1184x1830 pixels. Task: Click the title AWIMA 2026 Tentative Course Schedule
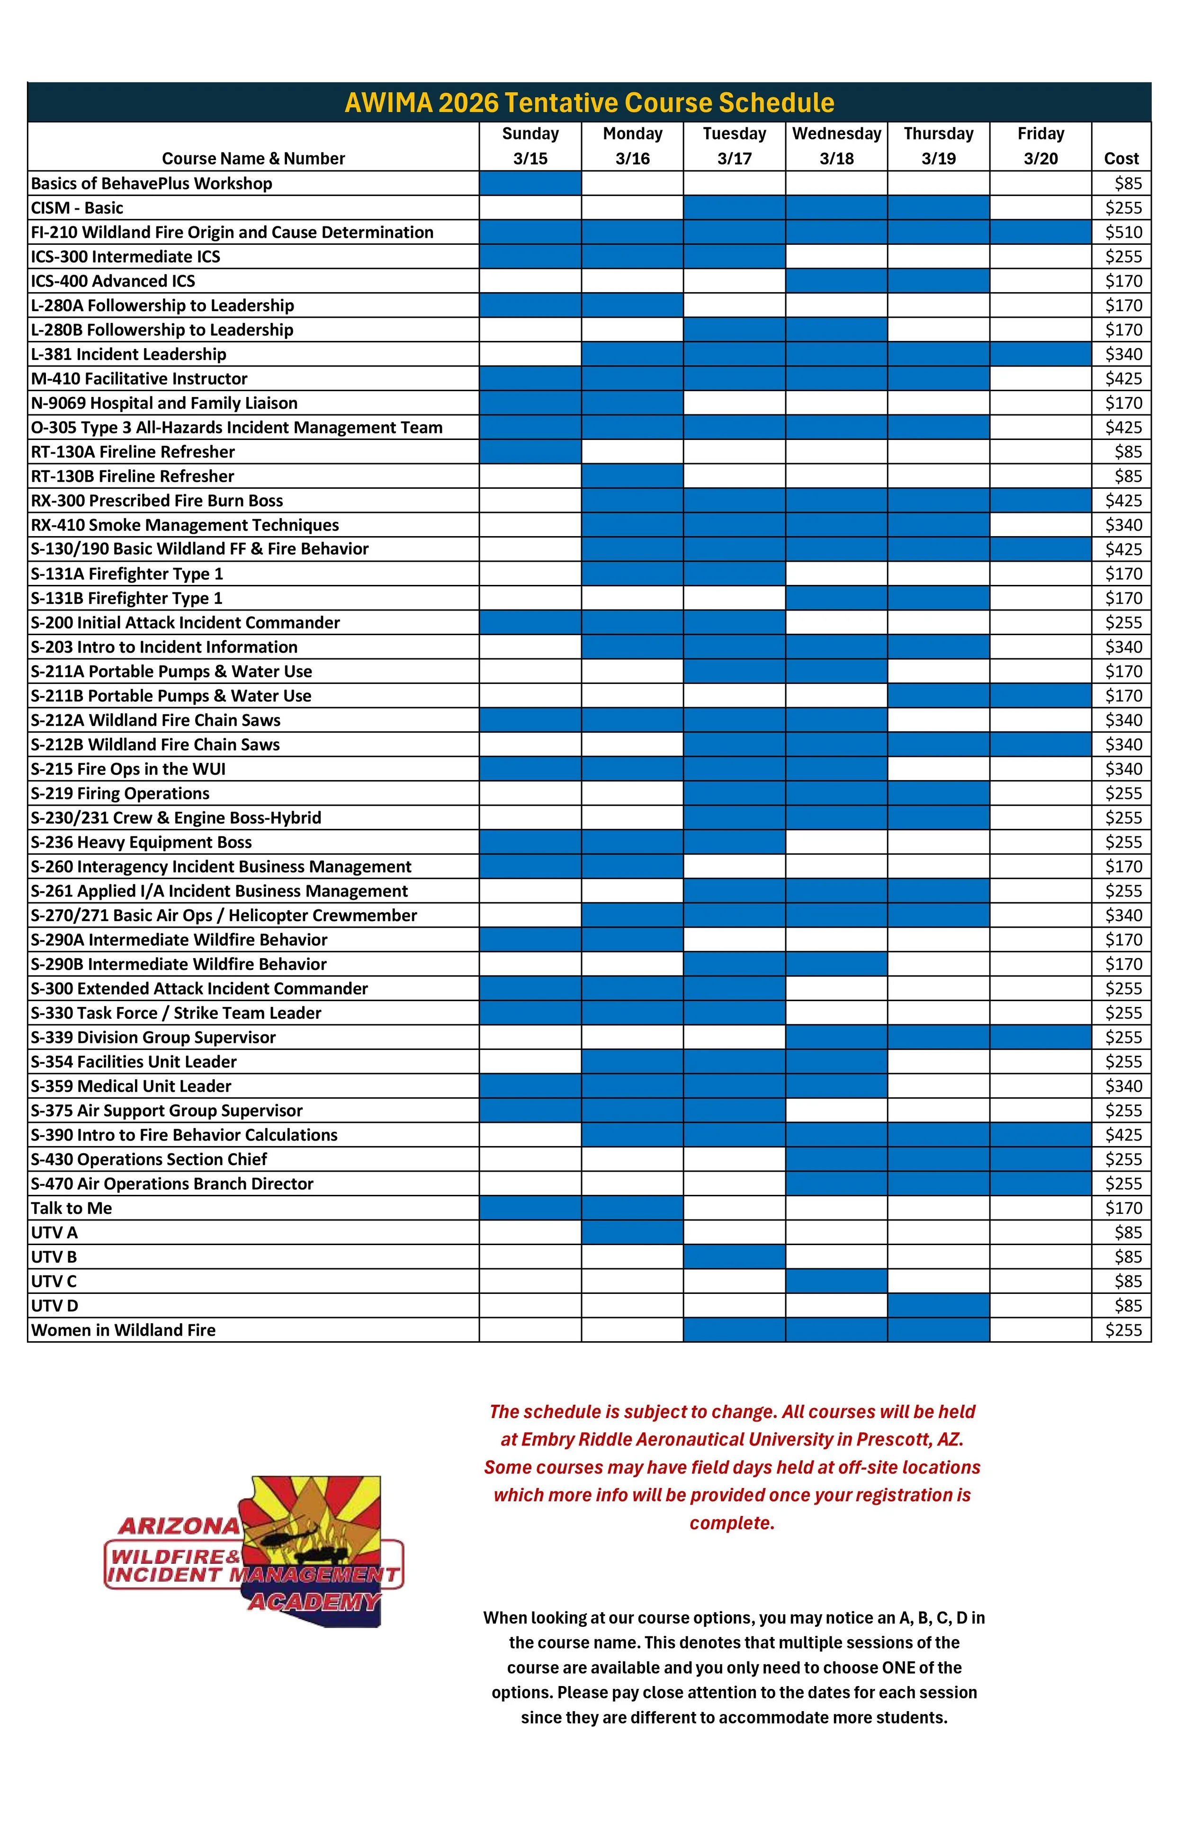tap(589, 102)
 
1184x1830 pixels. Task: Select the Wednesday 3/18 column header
tap(836, 146)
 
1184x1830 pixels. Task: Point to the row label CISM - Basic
tap(77, 207)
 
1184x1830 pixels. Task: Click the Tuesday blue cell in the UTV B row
tap(734, 1256)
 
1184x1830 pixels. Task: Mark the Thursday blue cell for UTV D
tap(938, 1306)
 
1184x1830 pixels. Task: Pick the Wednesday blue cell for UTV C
tap(836, 1281)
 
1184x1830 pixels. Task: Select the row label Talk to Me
tap(72, 1208)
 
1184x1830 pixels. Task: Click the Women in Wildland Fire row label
tap(123, 1330)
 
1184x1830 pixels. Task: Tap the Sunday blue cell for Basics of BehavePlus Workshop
tap(530, 183)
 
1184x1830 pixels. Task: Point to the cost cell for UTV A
tap(1128, 1233)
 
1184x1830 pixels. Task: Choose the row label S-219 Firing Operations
tap(120, 793)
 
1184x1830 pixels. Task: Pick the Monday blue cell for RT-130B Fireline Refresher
tap(632, 476)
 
